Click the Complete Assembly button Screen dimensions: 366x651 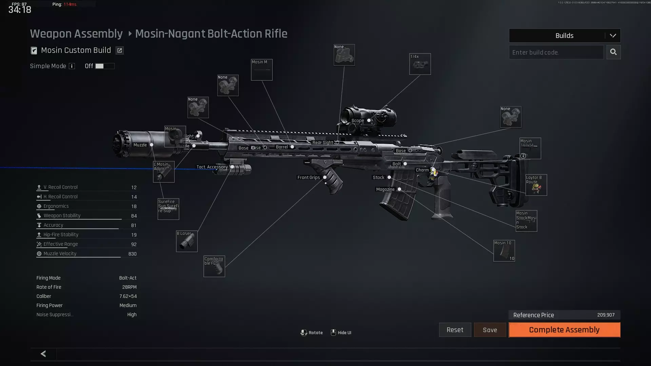click(x=564, y=330)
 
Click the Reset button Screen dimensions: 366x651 click(x=455, y=330)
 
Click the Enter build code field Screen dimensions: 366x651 click(x=556, y=52)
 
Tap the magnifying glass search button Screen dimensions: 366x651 click(x=613, y=52)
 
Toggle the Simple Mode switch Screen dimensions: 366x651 click(x=104, y=66)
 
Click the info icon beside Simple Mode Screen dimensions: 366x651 click(x=72, y=66)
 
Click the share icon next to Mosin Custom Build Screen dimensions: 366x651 click(x=119, y=50)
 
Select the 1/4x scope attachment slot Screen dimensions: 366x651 click(x=420, y=64)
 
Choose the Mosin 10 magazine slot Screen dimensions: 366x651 click(x=504, y=251)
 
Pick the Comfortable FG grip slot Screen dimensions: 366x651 click(x=214, y=266)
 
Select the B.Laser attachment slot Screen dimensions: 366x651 click(x=186, y=241)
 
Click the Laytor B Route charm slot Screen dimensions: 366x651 click(x=536, y=185)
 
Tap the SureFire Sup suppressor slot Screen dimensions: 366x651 click(x=168, y=209)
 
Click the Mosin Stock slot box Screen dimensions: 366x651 click(x=526, y=221)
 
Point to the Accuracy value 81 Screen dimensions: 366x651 click(x=134, y=225)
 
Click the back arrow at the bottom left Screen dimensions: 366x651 click(x=43, y=354)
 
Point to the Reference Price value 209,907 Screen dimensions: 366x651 click(x=606, y=315)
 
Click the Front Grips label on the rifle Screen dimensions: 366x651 click(x=309, y=178)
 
